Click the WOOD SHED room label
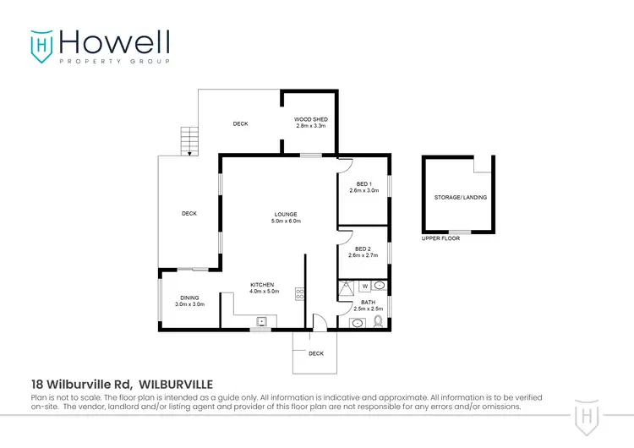[x=310, y=120]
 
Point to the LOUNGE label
[x=286, y=214]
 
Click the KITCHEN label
[x=263, y=285]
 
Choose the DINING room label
[x=189, y=298]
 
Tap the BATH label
[x=369, y=302]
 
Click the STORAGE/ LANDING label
[x=461, y=197]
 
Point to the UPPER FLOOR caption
[x=440, y=239]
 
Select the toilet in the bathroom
[x=377, y=321]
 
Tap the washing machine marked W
[x=365, y=287]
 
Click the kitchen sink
[x=262, y=321]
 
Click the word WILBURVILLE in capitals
[x=177, y=383]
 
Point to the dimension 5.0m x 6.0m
[x=286, y=221]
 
